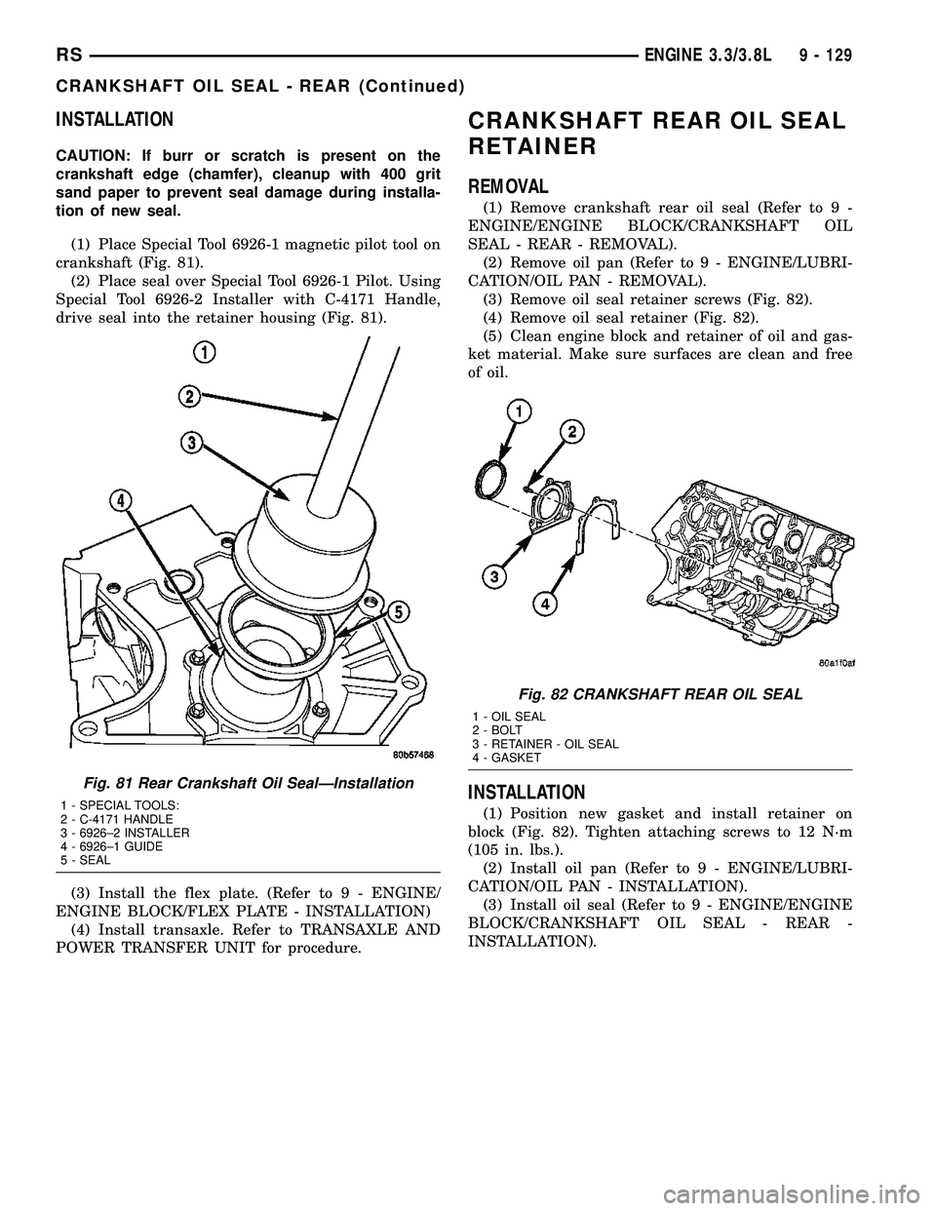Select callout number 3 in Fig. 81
192,443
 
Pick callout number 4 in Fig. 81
120,501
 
